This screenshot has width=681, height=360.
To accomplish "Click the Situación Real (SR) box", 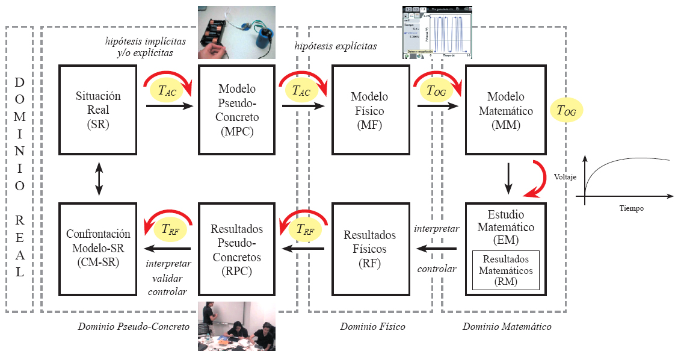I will coord(99,110).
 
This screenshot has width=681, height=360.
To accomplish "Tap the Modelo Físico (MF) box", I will coord(369,110).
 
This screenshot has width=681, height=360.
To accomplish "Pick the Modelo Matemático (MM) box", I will coord(505,110).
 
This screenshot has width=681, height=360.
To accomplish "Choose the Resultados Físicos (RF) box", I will coord(369,248).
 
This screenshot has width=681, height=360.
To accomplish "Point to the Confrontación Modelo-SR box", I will coord(99,248).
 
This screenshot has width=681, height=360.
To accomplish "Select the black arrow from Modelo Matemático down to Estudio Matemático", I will coord(509,178).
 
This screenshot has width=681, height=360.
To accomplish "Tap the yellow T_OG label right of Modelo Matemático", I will coord(566,110).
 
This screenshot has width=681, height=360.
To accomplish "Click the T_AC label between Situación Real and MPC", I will coord(167,90).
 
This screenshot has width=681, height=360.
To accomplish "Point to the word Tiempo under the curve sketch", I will coord(631,208).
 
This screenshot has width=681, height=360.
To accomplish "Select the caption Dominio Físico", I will coord(372,327).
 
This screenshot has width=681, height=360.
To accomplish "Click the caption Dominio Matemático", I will coord(507,327).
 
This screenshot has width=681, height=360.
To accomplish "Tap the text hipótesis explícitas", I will coord(336,46).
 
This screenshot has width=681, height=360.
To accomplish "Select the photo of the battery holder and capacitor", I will coord(237,32).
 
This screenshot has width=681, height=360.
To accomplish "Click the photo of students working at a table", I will coord(236,326).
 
